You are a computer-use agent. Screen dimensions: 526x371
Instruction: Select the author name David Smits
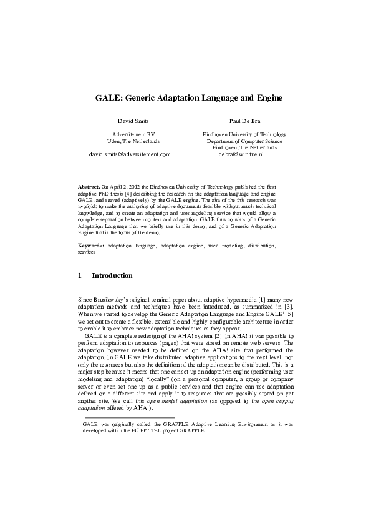pos(133,119)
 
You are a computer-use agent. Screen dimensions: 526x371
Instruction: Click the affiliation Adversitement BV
pos(133,134)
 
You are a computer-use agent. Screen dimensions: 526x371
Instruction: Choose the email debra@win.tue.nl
pos(241,153)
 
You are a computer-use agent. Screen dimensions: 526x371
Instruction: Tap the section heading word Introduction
pos(112,275)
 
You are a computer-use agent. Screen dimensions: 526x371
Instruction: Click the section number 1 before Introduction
pos(80,275)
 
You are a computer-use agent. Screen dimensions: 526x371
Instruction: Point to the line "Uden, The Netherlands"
pos(133,141)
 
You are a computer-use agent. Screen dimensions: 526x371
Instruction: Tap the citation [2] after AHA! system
pos(203,336)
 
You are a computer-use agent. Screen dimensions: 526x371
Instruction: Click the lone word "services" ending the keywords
pos(87,253)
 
